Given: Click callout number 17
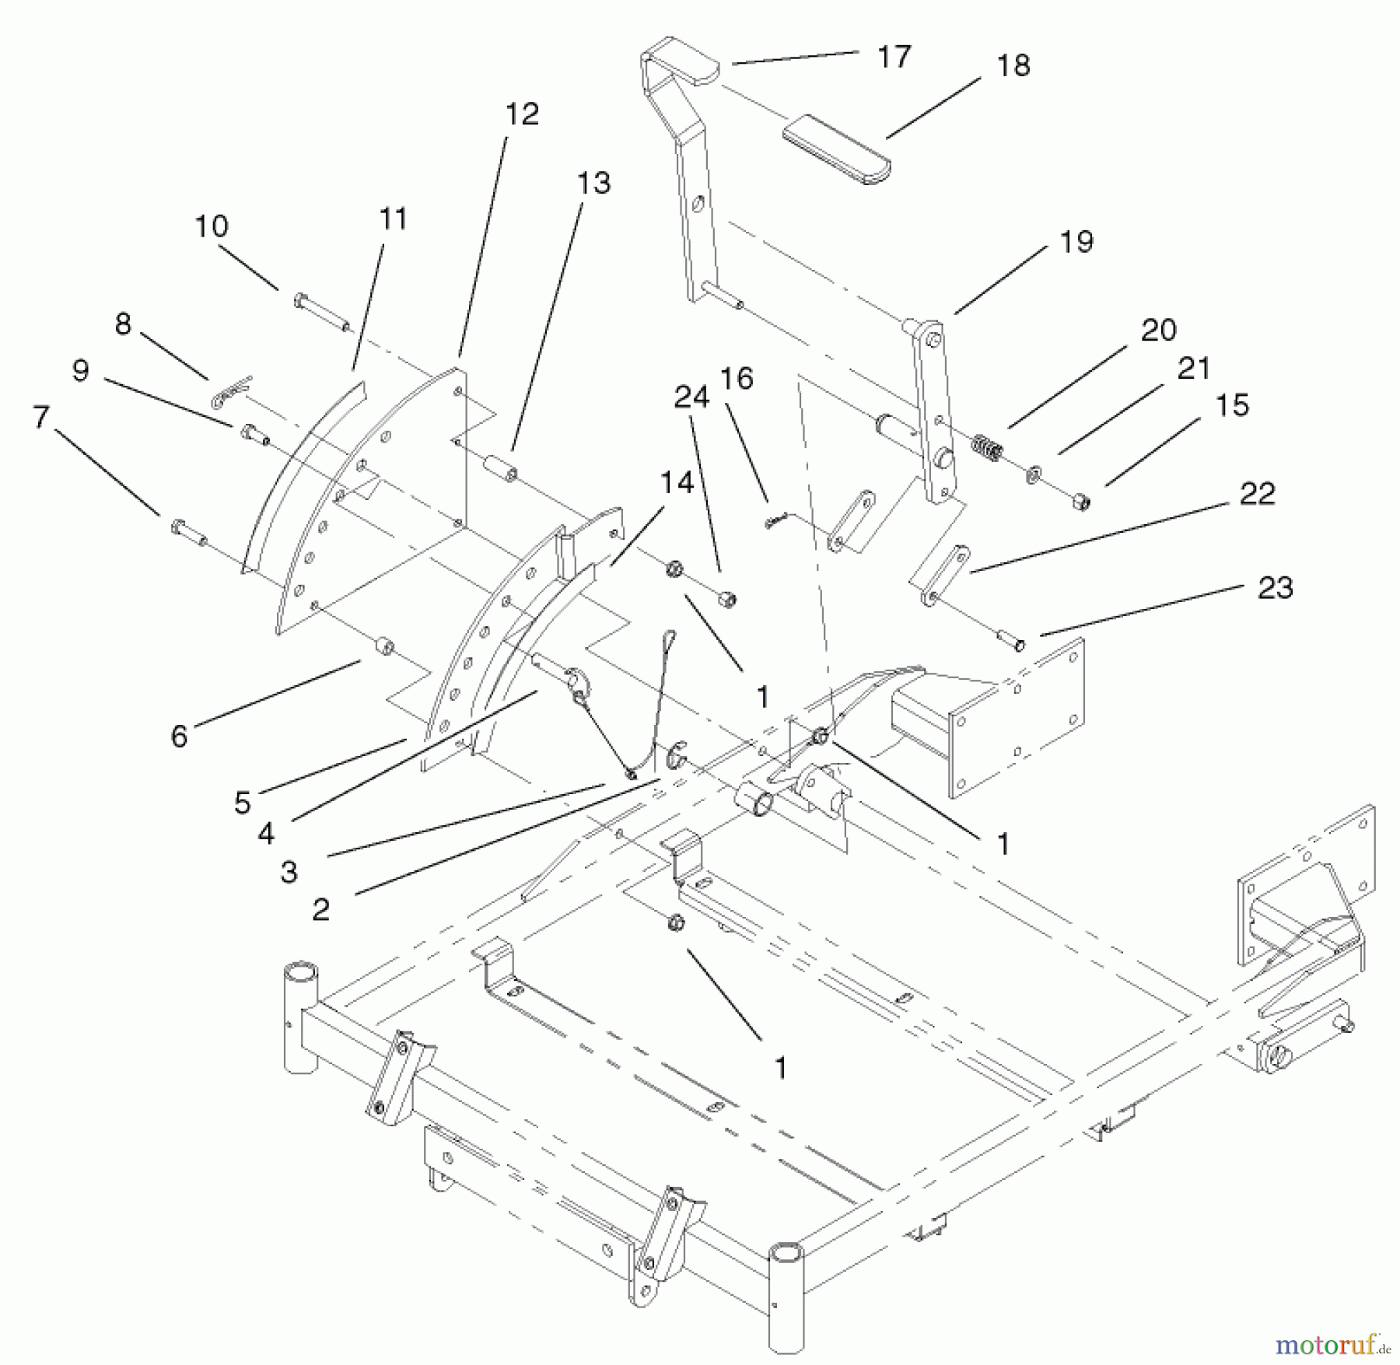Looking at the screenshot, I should click(x=893, y=57).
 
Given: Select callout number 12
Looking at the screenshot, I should click(x=521, y=114).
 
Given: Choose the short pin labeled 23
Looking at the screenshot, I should click(x=1009, y=641).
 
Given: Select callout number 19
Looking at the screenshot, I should click(x=1076, y=242).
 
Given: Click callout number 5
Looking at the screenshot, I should click(x=243, y=803).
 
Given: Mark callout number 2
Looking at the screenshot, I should click(x=320, y=908).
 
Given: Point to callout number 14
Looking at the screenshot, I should click(x=676, y=483).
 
